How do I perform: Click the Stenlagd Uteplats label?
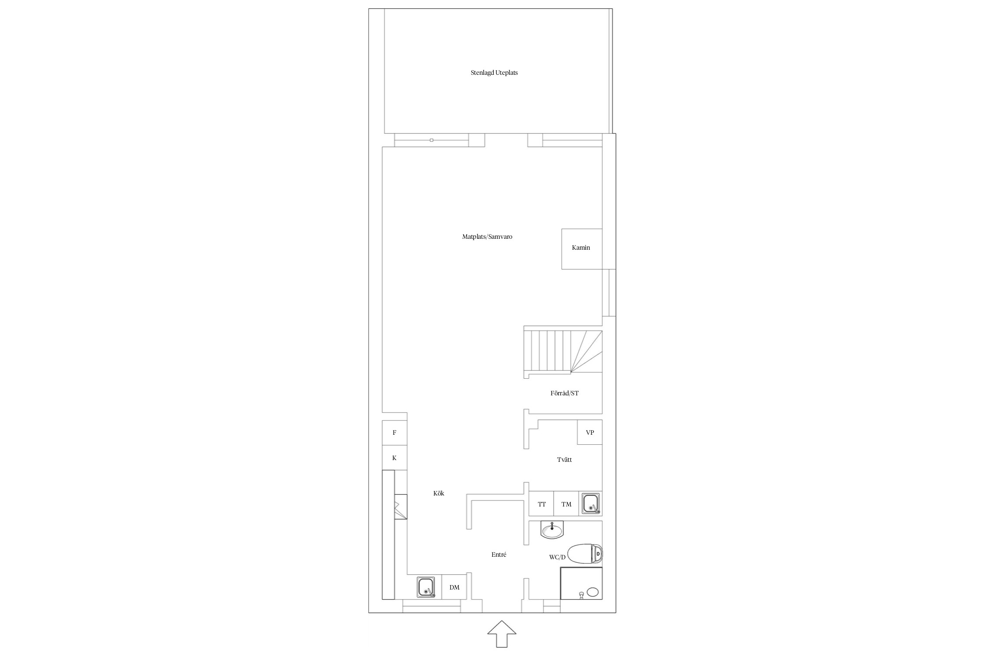click(x=494, y=73)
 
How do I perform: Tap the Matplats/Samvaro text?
click(x=487, y=237)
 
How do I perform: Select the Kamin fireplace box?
click(x=582, y=249)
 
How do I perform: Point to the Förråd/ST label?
click(x=565, y=393)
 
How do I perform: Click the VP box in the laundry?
click(x=590, y=432)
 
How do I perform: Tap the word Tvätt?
click(x=564, y=460)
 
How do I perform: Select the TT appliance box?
click(x=541, y=504)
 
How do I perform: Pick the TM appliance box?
click(x=566, y=504)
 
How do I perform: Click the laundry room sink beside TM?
click(x=591, y=504)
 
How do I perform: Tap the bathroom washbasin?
click(x=552, y=530)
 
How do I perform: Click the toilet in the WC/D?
click(x=585, y=554)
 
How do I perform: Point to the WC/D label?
click(x=557, y=557)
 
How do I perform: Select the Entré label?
click(x=499, y=555)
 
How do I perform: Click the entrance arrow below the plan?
click(x=502, y=634)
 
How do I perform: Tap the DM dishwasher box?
click(x=454, y=587)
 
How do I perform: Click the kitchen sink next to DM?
click(x=426, y=587)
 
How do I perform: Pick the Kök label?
click(x=439, y=493)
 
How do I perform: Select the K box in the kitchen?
click(x=394, y=458)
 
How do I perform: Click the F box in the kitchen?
click(x=394, y=433)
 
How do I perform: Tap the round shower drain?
click(x=593, y=592)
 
